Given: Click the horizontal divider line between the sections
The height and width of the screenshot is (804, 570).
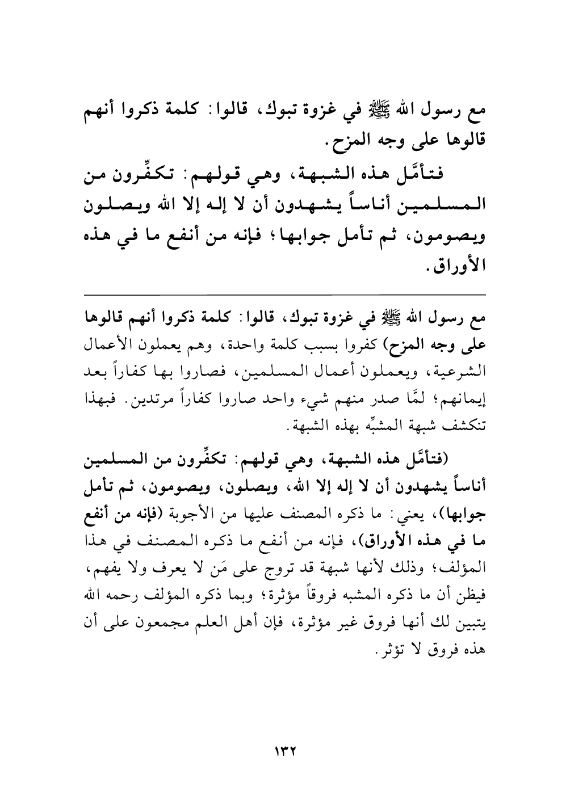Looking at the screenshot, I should [284, 294].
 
